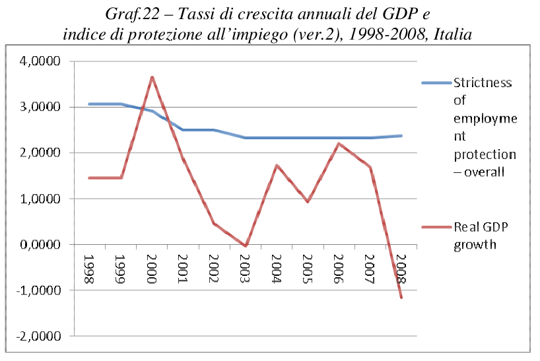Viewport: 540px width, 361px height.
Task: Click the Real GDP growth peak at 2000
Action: [152, 77]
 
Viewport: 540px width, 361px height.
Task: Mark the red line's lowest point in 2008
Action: [401, 297]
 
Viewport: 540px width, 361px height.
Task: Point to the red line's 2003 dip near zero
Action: [246, 246]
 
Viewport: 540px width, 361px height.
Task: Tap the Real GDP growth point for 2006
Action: [339, 144]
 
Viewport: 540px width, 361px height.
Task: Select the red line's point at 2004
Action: [277, 165]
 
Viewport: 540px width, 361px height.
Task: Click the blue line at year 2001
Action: [183, 130]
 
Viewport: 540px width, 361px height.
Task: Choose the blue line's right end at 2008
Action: [401, 136]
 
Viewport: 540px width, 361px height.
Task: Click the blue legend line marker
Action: [436, 83]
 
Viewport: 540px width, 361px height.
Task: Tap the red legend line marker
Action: [436, 228]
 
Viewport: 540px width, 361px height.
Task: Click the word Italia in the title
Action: [451, 34]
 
